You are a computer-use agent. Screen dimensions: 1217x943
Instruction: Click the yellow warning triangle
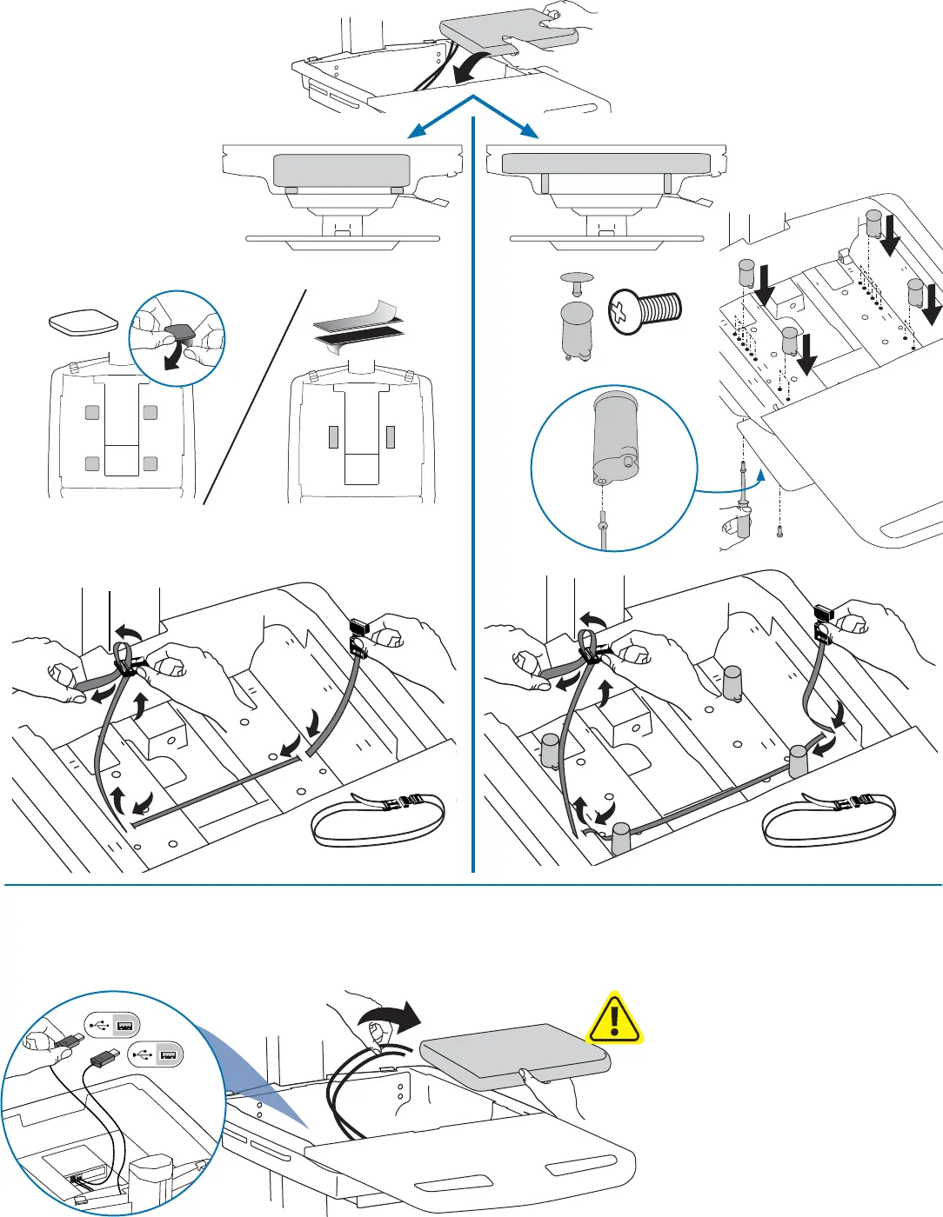(614, 1018)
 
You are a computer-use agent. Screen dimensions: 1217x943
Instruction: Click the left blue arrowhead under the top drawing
(417, 132)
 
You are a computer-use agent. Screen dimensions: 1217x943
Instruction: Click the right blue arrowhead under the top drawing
(530, 132)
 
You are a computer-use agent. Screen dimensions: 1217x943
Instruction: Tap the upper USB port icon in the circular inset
(113, 1027)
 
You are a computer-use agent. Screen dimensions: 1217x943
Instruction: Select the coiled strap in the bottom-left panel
(378, 820)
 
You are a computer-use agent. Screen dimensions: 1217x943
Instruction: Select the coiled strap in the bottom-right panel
(828, 820)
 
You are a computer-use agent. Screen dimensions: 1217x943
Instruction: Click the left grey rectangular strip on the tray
(333, 436)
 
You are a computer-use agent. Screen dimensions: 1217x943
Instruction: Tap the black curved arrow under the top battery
(475, 67)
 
